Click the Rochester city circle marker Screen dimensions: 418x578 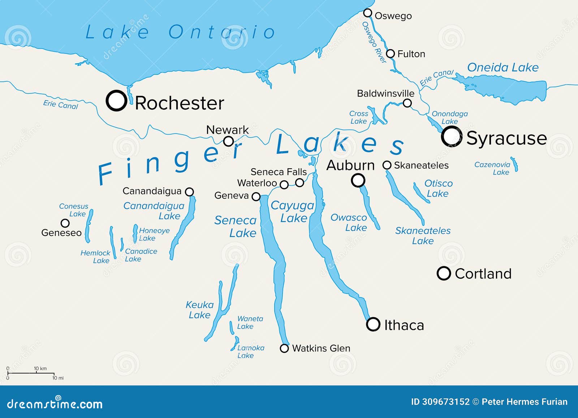tap(116, 101)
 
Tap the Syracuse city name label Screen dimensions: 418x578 tap(506, 138)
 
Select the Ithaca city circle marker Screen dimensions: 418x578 tap(373, 324)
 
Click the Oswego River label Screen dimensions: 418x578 tap(374, 42)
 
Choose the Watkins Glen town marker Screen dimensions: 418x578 tap(284, 348)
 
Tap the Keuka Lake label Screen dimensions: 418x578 tap(199, 310)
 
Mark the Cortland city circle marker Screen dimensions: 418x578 tap(444, 273)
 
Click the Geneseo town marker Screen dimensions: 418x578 tap(65, 223)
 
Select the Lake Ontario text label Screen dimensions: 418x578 tap(180, 32)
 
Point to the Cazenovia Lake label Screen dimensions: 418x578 tap(492, 168)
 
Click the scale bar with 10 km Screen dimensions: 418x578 tap(31, 373)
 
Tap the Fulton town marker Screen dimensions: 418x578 tap(390, 54)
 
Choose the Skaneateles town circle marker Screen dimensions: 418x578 tap(387, 165)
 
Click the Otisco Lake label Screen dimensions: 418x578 tap(438, 188)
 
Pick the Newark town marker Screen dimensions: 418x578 tap(228, 141)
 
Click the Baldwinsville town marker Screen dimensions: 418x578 tap(407, 103)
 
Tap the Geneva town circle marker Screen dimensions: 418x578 tap(256, 197)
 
